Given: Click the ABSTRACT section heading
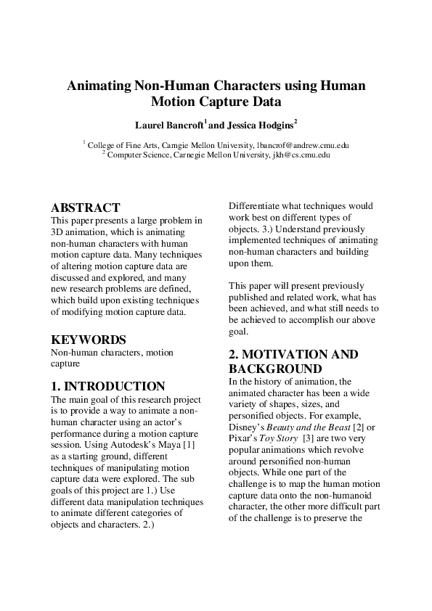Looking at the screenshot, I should (85, 208).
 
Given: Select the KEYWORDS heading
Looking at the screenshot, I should (89, 340).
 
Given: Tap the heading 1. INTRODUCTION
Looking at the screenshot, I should (108, 386).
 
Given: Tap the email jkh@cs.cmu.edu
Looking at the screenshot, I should (301, 155).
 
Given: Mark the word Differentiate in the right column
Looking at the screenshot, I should (260, 206).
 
